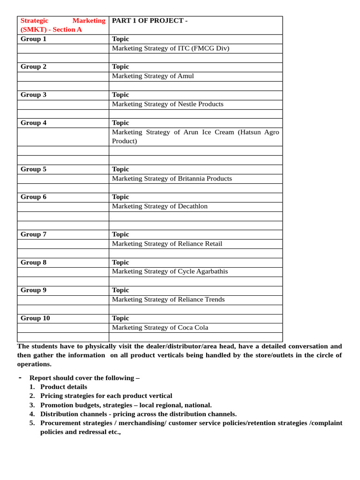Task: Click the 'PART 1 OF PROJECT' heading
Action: click(150, 21)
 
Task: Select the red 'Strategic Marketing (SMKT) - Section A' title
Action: click(63, 25)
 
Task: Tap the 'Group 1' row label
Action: click(33, 39)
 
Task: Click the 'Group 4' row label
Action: click(33, 123)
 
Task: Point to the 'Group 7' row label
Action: click(33, 234)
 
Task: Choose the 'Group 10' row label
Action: click(35, 318)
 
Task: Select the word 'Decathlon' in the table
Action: click(190, 206)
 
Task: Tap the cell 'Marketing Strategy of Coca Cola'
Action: click(160, 328)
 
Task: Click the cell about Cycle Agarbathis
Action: click(170, 271)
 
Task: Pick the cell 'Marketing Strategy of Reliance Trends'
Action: click(168, 300)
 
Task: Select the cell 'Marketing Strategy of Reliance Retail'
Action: click(167, 244)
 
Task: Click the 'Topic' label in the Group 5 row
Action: click(120, 169)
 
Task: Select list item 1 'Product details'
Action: click(63, 387)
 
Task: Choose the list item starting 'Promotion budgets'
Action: click(126, 405)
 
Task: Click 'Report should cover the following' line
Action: click(84, 378)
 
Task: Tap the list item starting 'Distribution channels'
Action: click(138, 414)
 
